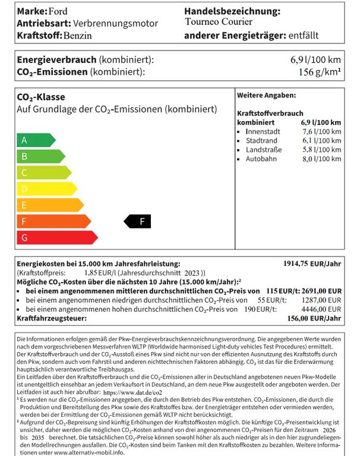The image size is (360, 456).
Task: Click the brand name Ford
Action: pos(58,11)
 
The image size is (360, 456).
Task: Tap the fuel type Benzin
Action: pos(78,36)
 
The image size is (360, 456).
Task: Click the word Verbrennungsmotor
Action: pos(115,23)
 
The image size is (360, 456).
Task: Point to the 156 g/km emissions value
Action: pos(320,72)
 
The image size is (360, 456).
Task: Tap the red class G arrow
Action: pos(56,237)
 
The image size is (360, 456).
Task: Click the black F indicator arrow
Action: pos(137,221)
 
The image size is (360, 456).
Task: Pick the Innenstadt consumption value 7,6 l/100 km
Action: pos(321,131)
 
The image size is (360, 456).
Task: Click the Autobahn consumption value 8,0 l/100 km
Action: pos(321,159)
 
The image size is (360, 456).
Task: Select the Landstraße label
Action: pos(264,150)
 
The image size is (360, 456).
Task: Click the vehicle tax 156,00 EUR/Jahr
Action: pos(314,319)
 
